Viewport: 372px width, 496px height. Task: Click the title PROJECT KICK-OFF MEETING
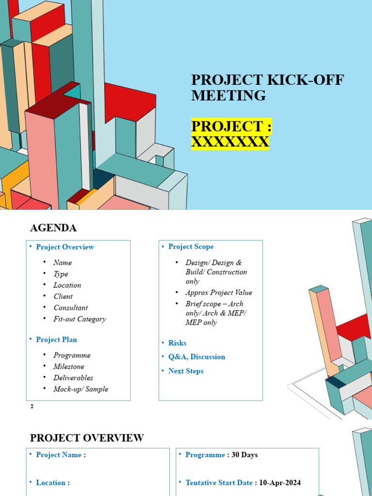(x=267, y=88)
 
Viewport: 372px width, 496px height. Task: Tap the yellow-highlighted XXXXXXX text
(x=230, y=142)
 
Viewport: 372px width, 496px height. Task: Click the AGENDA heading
(x=53, y=228)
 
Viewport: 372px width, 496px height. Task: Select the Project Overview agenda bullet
(x=65, y=247)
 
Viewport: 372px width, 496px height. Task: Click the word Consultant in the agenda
(x=71, y=308)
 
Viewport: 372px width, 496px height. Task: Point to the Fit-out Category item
(x=79, y=319)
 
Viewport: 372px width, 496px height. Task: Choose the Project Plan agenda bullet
(x=56, y=340)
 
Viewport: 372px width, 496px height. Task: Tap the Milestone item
(x=69, y=367)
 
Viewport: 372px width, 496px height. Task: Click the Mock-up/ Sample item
(x=81, y=389)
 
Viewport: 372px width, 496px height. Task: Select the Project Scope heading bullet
(x=191, y=247)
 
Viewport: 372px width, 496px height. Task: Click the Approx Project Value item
(x=218, y=293)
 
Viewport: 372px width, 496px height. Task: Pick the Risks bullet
(x=177, y=343)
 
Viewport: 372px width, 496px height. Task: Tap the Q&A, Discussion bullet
(x=197, y=356)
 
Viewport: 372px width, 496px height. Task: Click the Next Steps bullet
(x=186, y=371)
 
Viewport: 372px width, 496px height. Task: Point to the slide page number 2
(x=32, y=406)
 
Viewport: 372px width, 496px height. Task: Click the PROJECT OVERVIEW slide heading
(x=87, y=438)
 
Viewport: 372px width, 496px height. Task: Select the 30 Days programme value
(x=245, y=455)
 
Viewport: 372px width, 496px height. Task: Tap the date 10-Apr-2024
(x=279, y=482)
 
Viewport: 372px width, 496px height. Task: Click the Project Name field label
(x=59, y=455)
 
